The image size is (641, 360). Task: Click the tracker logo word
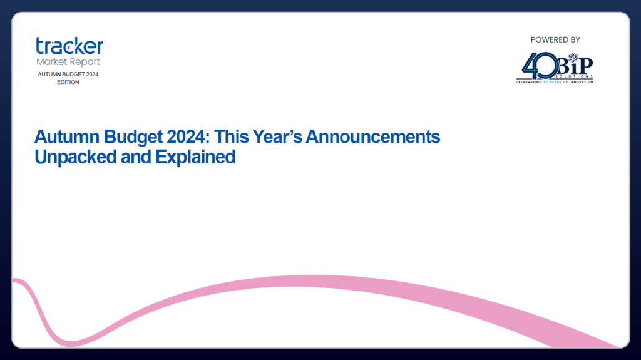pyautogui.click(x=69, y=46)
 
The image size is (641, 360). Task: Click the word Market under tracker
pyautogui.click(x=51, y=61)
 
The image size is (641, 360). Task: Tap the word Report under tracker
pyautogui.click(x=85, y=62)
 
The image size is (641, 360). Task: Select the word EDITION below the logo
pyautogui.click(x=68, y=82)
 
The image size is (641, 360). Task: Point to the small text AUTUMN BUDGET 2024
pyautogui.click(x=68, y=74)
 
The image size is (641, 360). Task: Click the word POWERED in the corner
pyautogui.click(x=545, y=39)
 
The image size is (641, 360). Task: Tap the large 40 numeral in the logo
pyautogui.click(x=540, y=66)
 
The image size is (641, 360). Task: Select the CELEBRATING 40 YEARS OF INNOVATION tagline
pyautogui.click(x=555, y=82)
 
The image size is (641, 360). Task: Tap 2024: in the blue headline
pyautogui.click(x=188, y=136)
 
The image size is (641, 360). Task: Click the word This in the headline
pyautogui.click(x=231, y=136)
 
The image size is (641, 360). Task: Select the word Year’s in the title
pyautogui.click(x=277, y=136)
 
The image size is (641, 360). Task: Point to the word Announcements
pyautogui.click(x=373, y=136)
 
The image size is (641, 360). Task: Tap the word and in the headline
pyautogui.click(x=136, y=157)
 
